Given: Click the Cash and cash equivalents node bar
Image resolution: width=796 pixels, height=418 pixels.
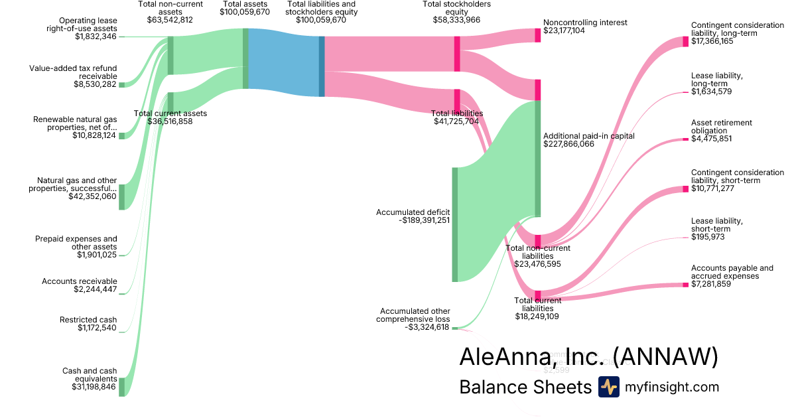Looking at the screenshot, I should (121, 386).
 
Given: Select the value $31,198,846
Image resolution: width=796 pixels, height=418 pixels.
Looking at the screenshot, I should (94, 387).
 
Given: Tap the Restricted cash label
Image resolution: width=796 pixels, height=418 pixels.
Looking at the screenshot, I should (88, 320).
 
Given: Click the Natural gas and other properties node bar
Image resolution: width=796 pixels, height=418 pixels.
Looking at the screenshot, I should (121, 196).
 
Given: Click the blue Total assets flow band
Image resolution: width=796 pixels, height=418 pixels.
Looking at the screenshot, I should (283, 62).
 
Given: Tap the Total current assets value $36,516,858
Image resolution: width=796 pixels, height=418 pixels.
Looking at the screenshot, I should (170, 121).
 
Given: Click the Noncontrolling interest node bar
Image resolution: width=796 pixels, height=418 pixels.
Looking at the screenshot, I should (538, 35).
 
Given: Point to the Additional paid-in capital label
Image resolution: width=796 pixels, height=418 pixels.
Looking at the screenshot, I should (589, 135).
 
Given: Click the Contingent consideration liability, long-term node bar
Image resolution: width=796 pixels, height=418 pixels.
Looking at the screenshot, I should (685, 42).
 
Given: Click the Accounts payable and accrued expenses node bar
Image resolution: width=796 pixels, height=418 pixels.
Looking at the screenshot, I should (685, 285).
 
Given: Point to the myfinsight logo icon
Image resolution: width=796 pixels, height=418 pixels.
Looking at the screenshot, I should (608, 387).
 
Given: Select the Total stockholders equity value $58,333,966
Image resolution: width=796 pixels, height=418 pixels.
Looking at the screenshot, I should (457, 20).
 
